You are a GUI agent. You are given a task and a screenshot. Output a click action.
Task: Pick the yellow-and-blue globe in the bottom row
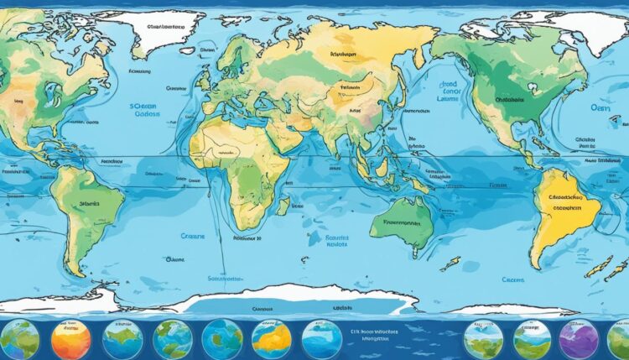[x=271, y=339]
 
